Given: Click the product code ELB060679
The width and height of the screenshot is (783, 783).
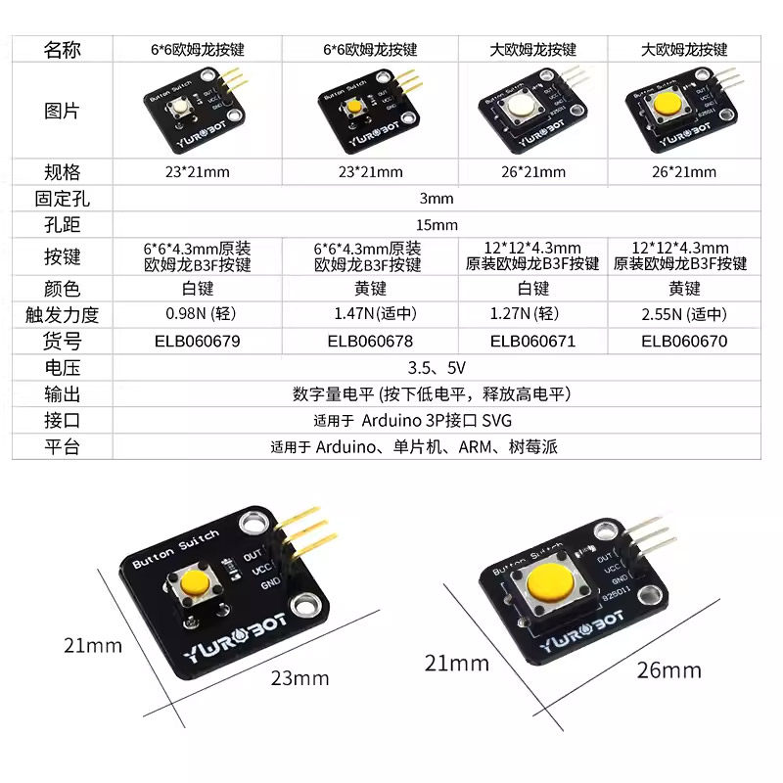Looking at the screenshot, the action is [x=197, y=342].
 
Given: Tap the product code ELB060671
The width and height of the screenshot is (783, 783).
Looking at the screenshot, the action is [x=533, y=342].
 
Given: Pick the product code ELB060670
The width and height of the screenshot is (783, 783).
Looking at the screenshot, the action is [x=684, y=342].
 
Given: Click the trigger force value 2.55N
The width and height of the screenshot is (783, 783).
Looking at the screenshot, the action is [x=684, y=315].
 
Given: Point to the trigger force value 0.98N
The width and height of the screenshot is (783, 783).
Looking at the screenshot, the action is [x=198, y=315].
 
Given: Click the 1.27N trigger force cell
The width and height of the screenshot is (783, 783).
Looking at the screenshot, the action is [x=533, y=315].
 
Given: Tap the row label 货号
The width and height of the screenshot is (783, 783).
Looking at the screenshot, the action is [x=62, y=342].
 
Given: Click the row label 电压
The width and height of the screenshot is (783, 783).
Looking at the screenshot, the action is [x=62, y=368].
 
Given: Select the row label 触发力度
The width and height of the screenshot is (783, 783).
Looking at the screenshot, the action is [x=62, y=315].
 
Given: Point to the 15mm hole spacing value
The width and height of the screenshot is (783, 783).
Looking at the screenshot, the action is [x=437, y=224].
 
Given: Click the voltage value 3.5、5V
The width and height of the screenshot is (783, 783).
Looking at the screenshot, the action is [x=436, y=368].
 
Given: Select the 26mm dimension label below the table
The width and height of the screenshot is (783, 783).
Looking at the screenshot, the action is [x=668, y=670].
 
